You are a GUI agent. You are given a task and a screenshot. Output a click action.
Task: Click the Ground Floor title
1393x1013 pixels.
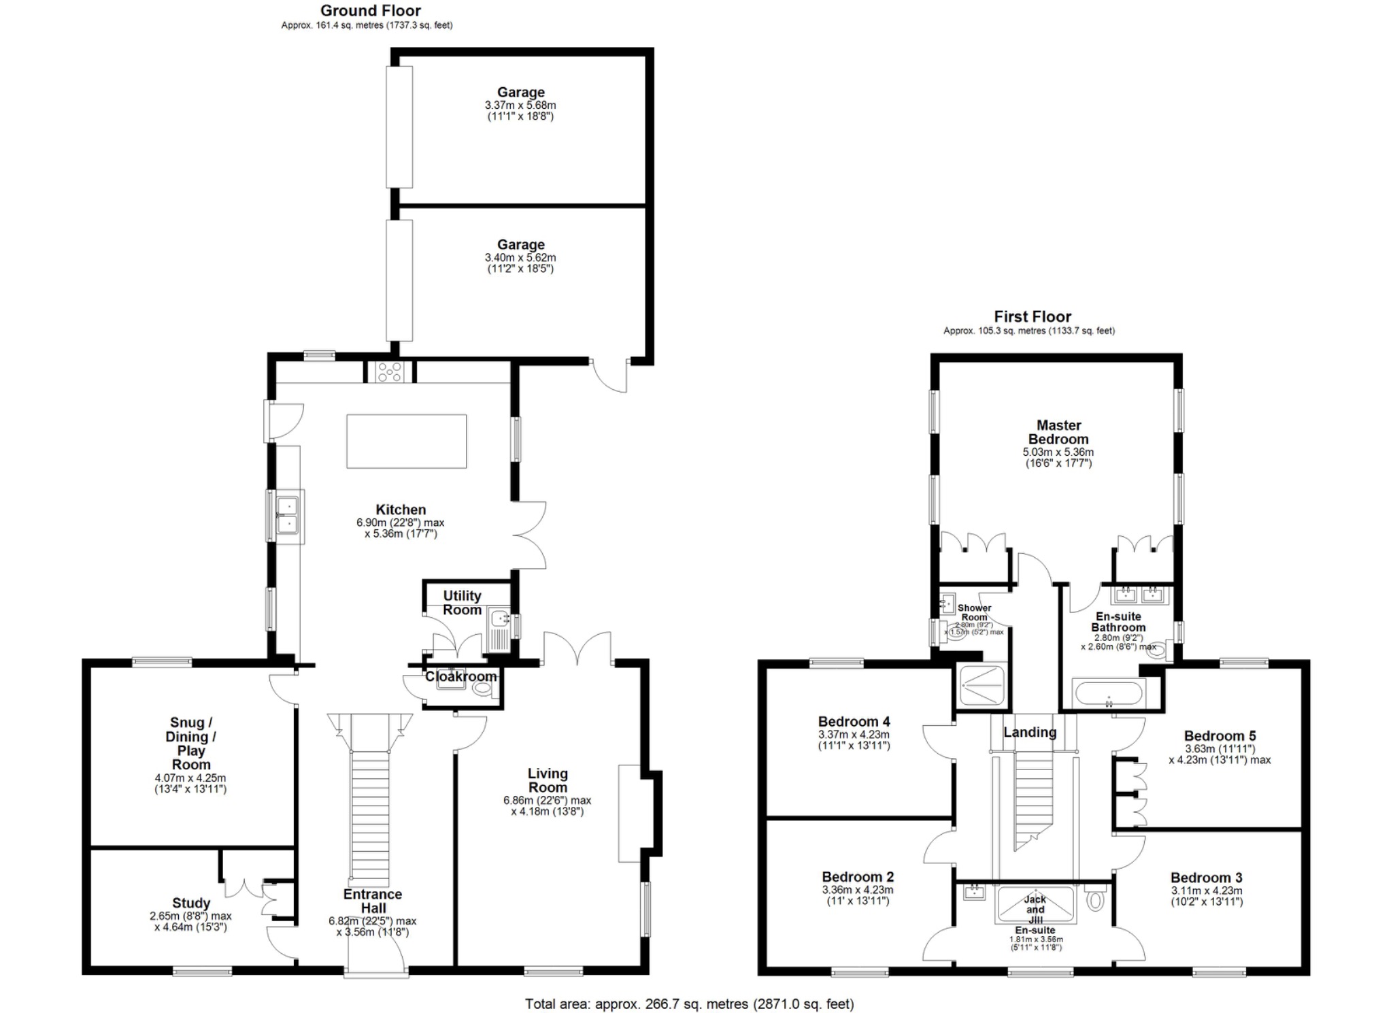click(370, 11)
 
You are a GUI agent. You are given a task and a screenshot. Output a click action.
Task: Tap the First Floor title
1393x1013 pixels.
click(1032, 316)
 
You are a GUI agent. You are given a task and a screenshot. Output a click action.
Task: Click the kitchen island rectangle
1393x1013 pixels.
click(406, 442)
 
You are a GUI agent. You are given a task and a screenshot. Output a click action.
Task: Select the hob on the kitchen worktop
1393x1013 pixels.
click(390, 371)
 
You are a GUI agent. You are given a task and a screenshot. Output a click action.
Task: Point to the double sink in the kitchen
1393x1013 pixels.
click(288, 516)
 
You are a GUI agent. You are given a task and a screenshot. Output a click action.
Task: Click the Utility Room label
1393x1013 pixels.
click(462, 603)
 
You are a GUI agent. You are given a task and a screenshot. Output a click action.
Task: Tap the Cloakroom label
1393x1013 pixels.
click(460, 676)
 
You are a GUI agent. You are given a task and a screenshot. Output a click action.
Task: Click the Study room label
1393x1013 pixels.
click(191, 903)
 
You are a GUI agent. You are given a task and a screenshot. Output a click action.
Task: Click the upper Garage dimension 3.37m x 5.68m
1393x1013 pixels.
click(520, 105)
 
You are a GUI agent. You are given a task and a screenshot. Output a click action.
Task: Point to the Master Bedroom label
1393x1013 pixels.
click(1058, 432)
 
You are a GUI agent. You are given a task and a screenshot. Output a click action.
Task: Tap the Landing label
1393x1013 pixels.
click(1030, 732)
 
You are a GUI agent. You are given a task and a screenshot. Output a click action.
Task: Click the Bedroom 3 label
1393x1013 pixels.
click(1206, 878)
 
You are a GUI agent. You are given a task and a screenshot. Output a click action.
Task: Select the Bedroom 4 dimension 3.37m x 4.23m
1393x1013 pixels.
click(854, 735)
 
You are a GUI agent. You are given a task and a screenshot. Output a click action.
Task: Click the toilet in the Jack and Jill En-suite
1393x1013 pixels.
click(1095, 901)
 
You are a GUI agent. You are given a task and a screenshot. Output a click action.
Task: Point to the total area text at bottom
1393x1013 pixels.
click(689, 1003)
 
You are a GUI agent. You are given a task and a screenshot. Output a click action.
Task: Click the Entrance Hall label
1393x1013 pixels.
click(373, 901)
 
